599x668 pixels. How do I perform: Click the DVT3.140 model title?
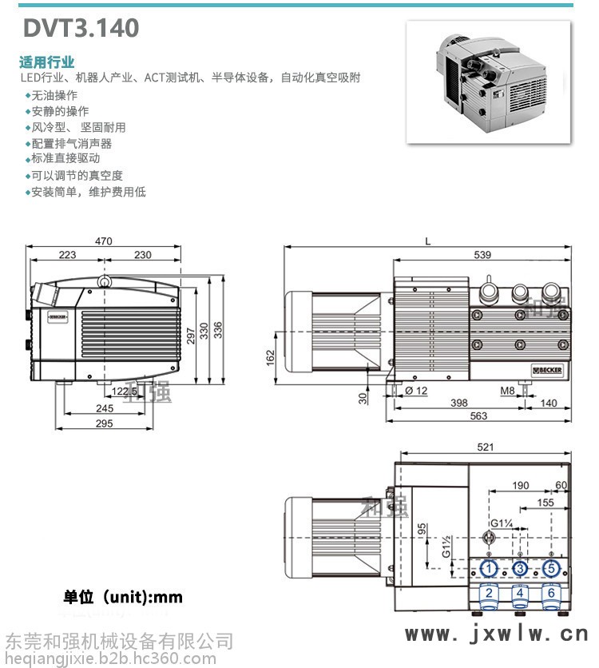point(81,28)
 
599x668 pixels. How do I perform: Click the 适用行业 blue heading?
point(47,62)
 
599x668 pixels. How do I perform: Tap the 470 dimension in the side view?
point(103,241)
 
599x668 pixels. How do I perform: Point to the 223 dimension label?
point(68,255)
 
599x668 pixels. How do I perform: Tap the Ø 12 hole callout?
point(418,391)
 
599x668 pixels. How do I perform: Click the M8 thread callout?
point(507,391)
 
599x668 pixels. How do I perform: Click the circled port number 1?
point(490,569)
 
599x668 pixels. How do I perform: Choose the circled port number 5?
point(550,569)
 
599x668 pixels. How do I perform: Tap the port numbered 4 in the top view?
point(520,594)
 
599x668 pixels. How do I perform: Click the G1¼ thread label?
point(502,523)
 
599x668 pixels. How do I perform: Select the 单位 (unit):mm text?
point(124,597)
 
